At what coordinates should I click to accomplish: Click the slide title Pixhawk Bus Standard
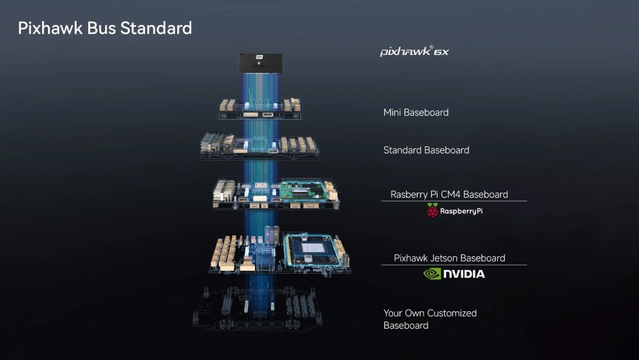point(105,28)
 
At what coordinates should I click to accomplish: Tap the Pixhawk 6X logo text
point(414,51)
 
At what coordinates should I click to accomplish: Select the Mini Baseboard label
point(415,113)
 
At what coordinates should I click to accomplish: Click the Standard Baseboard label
point(426,150)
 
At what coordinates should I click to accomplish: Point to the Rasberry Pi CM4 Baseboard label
point(449,194)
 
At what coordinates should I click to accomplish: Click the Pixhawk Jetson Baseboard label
point(449,258)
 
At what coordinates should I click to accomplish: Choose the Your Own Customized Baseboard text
point(429,319)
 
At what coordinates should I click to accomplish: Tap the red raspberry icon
point(433,211)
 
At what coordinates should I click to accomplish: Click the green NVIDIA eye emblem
point(433,274)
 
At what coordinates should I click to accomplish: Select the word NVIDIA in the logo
point(465,274)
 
